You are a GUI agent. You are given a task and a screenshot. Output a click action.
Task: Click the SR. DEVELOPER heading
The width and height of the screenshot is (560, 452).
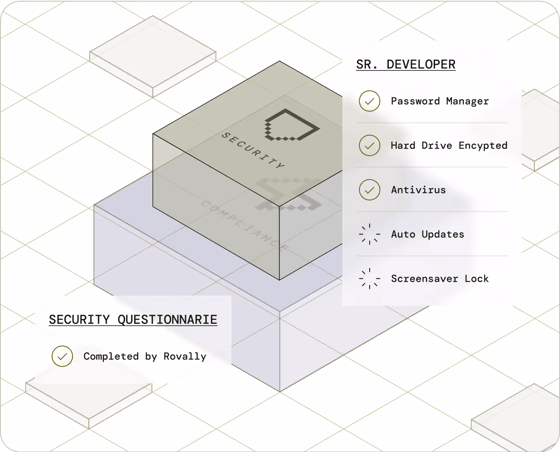point(405,64)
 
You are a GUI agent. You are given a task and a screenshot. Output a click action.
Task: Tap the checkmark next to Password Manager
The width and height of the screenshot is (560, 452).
point(370,101)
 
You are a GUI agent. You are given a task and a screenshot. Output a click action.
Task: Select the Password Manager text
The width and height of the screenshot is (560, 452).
point(440,101)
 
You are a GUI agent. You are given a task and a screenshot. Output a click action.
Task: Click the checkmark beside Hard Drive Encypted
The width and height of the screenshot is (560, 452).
point(370,146)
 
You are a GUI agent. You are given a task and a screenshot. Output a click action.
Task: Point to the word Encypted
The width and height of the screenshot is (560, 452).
point(483,146)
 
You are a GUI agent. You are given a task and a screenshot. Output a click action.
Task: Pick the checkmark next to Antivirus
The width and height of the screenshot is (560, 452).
point(370,190)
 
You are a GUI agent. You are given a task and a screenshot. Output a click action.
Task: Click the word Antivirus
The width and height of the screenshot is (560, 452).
point(418,190)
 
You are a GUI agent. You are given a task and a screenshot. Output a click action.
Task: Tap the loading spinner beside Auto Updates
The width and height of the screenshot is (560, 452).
point(370,234)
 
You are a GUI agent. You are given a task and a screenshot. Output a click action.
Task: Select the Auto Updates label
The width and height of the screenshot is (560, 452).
point(427,234)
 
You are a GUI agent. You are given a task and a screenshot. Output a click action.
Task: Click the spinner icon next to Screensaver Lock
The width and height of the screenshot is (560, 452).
point(370,279)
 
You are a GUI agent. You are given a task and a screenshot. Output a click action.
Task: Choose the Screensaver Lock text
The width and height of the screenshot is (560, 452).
point(440,279)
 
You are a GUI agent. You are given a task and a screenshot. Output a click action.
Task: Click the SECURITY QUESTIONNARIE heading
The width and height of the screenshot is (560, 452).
point(133,320)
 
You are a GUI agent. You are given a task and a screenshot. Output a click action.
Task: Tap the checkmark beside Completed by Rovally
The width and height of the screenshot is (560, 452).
point(62,356)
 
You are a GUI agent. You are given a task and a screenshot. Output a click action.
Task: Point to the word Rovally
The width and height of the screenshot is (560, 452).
point(185,356)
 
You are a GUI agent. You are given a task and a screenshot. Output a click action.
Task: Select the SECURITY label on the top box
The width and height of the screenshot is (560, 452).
point(253,151)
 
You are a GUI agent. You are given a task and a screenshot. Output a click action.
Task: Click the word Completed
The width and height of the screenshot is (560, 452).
point(111,356)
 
